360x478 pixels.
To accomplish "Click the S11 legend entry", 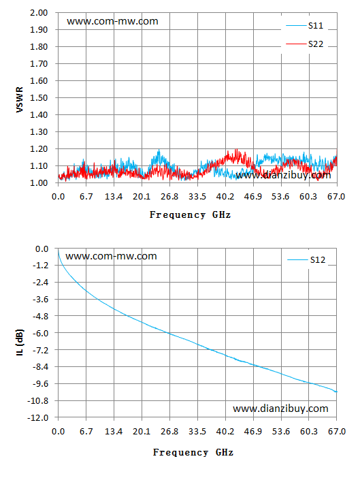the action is tap(305, 26).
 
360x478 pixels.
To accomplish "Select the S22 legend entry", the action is tap(305, 44).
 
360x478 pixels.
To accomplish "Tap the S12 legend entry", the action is tap(306, 260).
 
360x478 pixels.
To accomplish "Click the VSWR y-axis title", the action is tap(20, 99).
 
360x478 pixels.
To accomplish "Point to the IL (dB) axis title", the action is tap(20, 342).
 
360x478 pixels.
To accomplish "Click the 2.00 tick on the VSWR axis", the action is tap(39, 13).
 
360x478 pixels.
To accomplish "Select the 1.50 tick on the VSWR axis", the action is tap(39, 98).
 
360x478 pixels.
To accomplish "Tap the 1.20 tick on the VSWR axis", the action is tap(39, 149).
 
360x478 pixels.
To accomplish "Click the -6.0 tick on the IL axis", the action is tap(41, 333).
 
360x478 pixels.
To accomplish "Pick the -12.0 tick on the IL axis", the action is tap(38, 417).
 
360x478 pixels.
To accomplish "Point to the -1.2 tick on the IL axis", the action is tap(41, 266).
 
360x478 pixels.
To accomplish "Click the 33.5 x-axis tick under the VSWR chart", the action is tap(197, 197).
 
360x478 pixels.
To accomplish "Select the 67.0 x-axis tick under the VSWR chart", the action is tap(336, 197).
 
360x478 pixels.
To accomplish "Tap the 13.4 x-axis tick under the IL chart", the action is tap(114, 432).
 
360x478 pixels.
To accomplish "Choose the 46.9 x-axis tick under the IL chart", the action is tap(253, 432).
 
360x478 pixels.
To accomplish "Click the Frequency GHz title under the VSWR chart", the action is tap(190, 215).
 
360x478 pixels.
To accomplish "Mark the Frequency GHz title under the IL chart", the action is tap(193, 452).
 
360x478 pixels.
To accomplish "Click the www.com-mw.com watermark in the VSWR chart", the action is tap(113, 21).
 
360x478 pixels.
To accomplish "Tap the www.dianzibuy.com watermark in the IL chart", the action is tap(280, 409).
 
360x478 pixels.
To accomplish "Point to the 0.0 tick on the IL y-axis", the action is tap(42, 249).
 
